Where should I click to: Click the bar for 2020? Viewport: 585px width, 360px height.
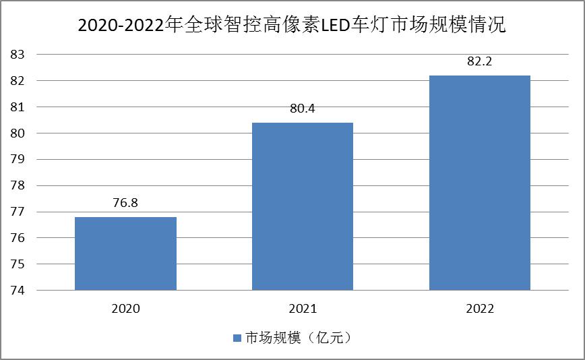tap(125, 253)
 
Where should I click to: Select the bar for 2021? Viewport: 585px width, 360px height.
tap(302, 206)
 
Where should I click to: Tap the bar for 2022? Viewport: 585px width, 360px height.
tap(479, 183)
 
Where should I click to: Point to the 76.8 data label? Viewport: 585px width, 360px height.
tap(125, 203)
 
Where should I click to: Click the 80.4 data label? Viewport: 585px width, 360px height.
tap(302, 108)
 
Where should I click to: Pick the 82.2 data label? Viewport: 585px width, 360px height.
tap(479, 61)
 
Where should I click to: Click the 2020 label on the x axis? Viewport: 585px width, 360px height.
tap(125, 309)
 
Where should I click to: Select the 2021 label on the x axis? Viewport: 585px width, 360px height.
tap(302, 309)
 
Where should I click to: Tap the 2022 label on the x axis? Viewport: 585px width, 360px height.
tap(479, 309)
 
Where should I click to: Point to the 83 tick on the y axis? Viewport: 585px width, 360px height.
tap(18, 54)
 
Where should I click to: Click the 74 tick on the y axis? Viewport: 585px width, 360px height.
tap(18, 291)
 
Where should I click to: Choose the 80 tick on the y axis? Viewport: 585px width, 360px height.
tap(18, 133)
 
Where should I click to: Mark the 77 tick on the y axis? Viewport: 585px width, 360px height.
tap(18, 212)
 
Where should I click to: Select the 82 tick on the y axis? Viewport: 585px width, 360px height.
tap(18, 80)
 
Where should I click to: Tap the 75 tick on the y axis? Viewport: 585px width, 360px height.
tap(18, 264)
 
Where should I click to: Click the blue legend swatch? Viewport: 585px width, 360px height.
tap(237, 338)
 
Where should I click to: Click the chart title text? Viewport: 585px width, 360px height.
tap(292, 26)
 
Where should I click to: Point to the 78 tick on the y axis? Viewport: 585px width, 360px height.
tap(18, 185)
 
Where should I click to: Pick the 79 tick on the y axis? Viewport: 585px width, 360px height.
tap(18, 159)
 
